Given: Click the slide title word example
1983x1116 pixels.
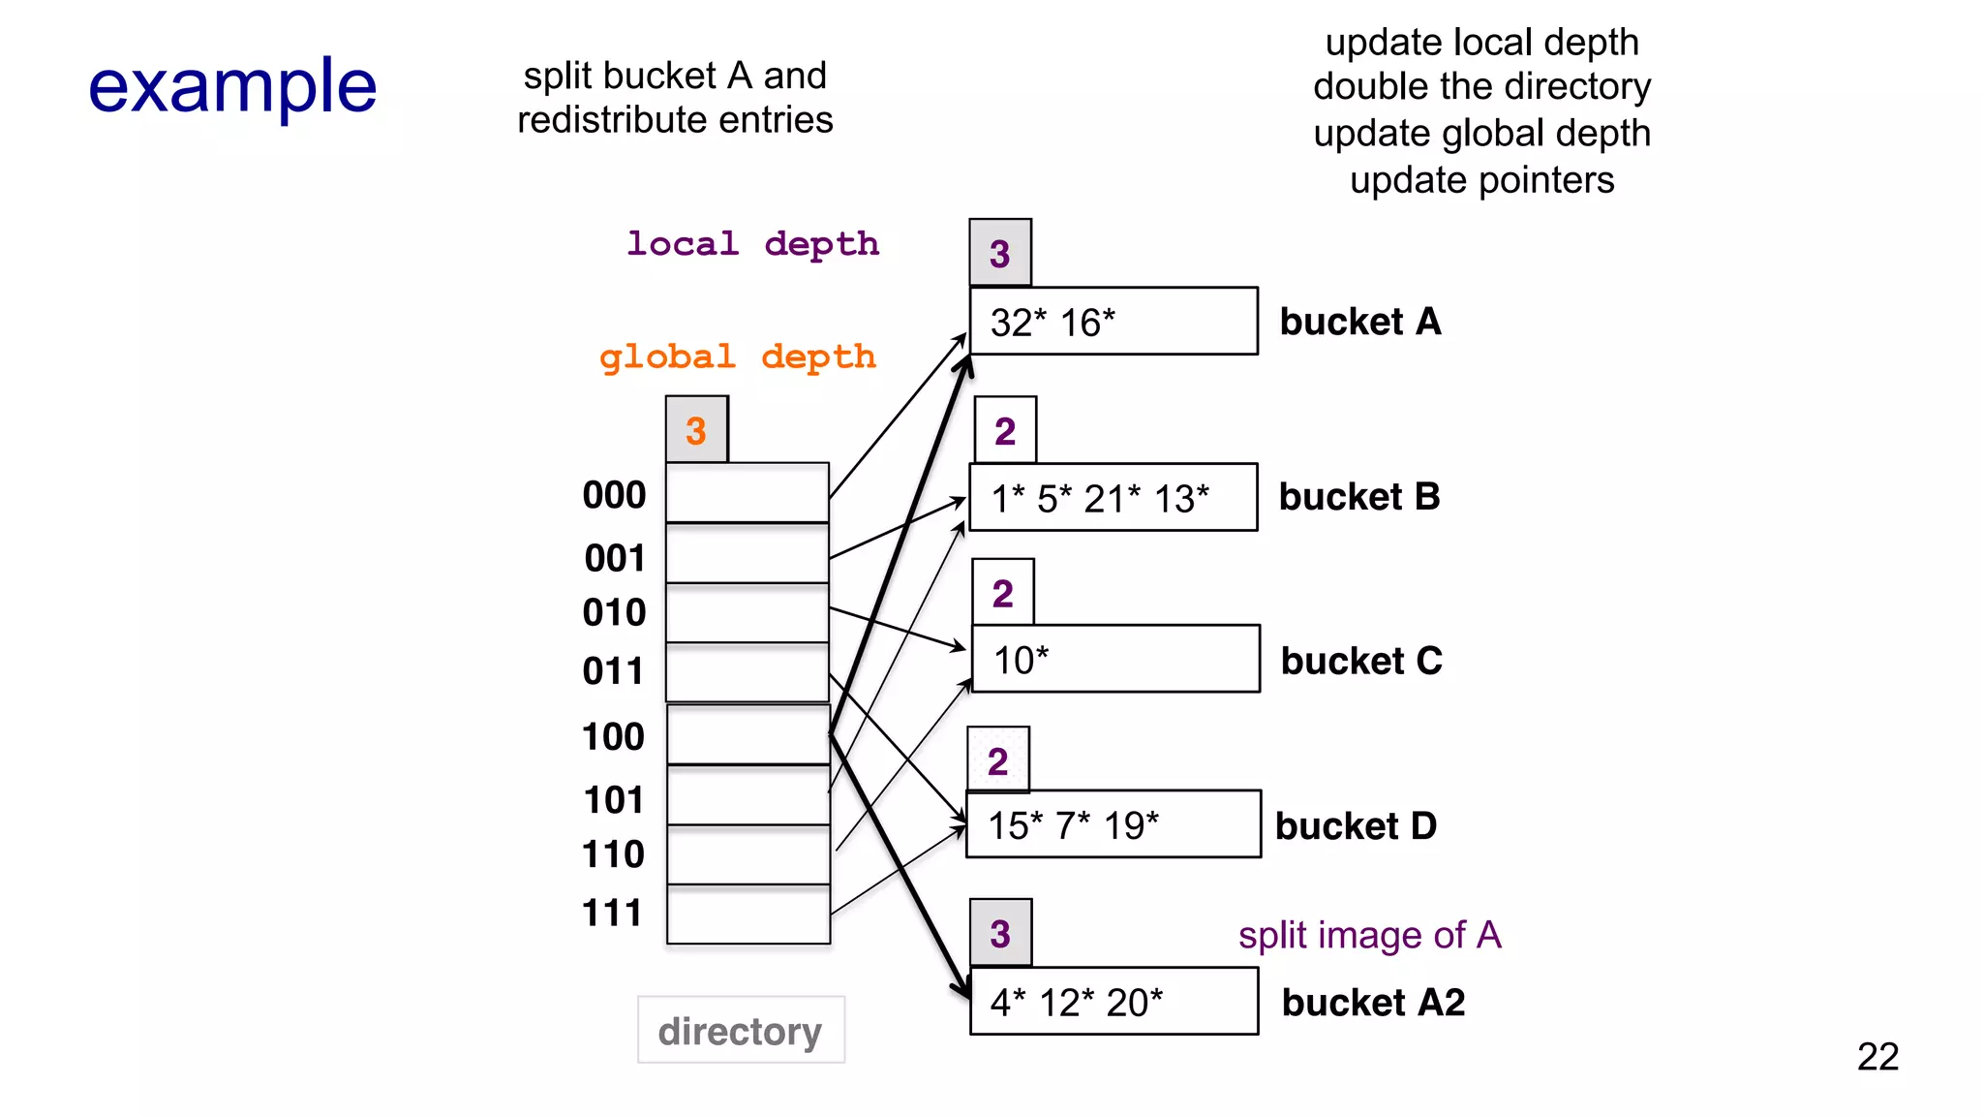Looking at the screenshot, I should [x=232, y=87].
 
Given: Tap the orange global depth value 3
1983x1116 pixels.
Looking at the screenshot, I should [x=696, y=430].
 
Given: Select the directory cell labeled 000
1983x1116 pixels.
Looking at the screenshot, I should [x=747, y=493].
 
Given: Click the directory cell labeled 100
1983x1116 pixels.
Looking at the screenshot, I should [x=747, y=735].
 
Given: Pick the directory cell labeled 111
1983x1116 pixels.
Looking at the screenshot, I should [x=747, y=914].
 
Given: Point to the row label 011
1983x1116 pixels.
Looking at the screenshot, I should [x=613, y=671].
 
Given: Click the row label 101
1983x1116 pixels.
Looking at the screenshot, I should [x=613, y=800].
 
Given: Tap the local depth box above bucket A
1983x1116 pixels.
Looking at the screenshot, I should [x=999, y=253].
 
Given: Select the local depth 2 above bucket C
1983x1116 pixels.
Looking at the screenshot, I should [x=1002, y=593].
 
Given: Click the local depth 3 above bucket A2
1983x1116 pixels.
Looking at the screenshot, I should [x=1000, y=934].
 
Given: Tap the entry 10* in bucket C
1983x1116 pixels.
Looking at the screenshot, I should [x=1021, y=661].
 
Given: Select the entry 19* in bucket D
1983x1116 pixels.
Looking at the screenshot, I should [x=1131, y=826].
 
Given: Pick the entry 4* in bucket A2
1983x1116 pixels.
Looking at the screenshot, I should [x=1007, y=1003].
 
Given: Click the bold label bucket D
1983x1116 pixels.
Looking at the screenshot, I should [x=1356, y=826].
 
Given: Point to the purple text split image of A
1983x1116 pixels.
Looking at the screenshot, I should [x=1369, y=935].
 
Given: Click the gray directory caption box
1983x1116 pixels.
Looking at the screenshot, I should [x=741, y=1031].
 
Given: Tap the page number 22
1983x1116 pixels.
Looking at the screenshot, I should [x=1877, y=1056].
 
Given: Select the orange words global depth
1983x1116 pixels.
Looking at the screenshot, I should [x=738, y=356].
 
